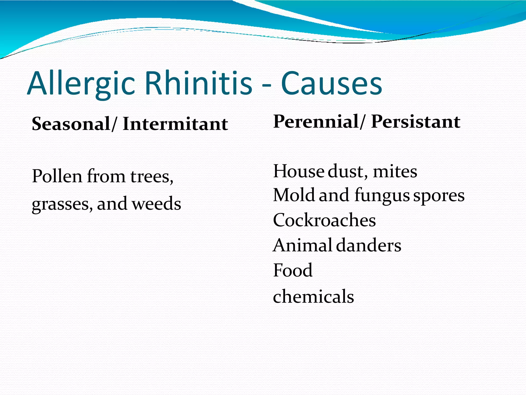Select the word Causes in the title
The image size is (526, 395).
point(331,84)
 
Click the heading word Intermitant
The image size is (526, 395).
point(175,124)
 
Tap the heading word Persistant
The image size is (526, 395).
point(416,121)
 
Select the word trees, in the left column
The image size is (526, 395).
point(152,177)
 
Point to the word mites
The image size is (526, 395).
point(395,172)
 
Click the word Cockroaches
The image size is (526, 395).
point(324,220)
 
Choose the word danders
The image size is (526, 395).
point(369,245)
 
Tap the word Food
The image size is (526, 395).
point(293,270)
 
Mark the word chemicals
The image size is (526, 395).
point(313,296)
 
